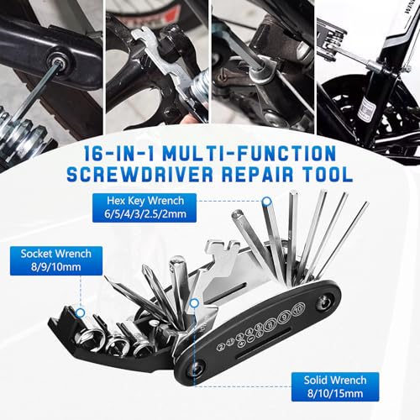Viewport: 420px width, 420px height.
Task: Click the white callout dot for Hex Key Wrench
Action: (267, 202)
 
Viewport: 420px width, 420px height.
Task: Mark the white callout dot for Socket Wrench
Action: (81, 312)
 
